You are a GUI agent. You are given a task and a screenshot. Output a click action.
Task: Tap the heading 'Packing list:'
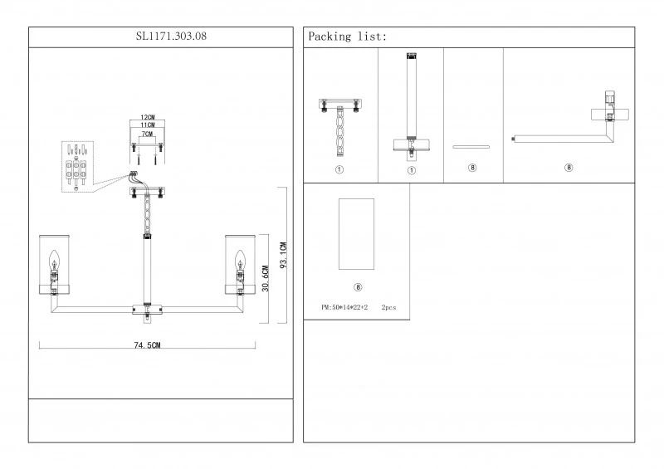pyautogui.click(x=347, y=37)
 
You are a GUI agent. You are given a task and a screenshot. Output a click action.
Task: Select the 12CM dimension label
pyautogui.click(x=148, y=117)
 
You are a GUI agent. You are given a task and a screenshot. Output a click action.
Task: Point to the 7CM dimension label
pyautogui.click(x=147, y=134)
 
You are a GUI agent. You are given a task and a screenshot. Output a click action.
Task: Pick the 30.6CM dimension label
pyautogui.click(x=265, y=279)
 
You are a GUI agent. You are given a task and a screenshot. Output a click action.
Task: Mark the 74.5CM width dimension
pyautogui.click(x=147, y=345)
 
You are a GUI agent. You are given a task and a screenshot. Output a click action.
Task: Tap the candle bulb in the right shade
pyautogui.click(x=241, y=261)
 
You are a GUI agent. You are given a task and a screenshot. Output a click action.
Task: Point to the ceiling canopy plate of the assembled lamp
pyautogui.click(x=148, y=193)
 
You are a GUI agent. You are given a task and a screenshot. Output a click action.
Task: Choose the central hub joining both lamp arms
pyautogui.click(x=148, y=310)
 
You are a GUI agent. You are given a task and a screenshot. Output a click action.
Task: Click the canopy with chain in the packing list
pyautogui.click(x=339, y=125)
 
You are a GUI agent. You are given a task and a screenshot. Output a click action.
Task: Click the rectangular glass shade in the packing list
pyautogui.click(x=357, y=234)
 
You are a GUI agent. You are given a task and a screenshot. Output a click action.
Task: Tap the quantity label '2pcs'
pyautogui.click(x=388, y=307)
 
